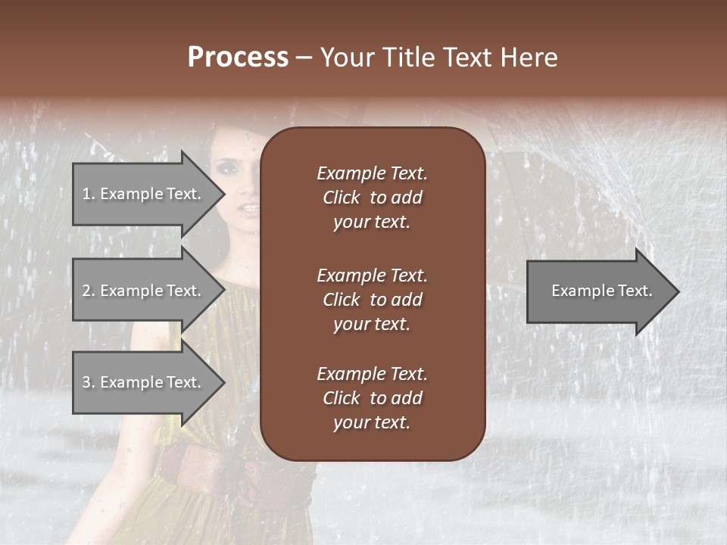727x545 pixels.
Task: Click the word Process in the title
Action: point(238,57)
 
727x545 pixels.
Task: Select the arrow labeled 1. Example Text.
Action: point(144,194)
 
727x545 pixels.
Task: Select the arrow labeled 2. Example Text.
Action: point(144,291)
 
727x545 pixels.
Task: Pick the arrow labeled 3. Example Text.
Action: point(144,382)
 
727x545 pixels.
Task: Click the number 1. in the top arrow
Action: point(88,194)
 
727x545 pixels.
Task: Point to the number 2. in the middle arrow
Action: point(88,291)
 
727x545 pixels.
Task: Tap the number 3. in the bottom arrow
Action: point(88,382)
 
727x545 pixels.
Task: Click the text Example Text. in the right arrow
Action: point(602,291)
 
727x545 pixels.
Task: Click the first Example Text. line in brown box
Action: point(372,173)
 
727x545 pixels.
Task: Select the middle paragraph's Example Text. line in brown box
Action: point(372,276)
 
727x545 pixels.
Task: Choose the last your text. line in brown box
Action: point(372,423)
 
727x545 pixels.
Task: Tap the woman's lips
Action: point(248,208)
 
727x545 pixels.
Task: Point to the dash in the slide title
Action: point(304,58)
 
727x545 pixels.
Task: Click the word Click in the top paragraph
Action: point(342,198)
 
